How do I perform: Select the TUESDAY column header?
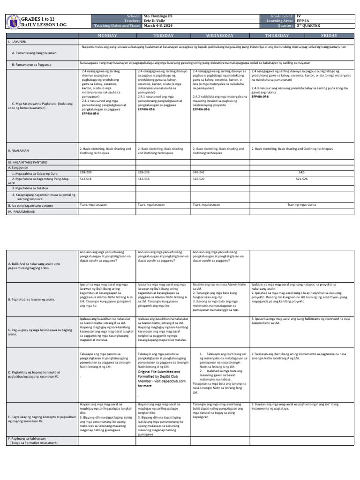pyautogui.click(x=164, y=36)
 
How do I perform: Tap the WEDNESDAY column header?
pyautogui.click(x=219, y=36)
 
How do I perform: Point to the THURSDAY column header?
pyautogui.click(x=277, y=36)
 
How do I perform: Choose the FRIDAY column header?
pyautogui.click(x=329, y=36)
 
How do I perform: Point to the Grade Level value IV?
pyautogui.click(x=299, y=16)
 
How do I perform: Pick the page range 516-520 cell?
pyautogui.click(x=199, y=179)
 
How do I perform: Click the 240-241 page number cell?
pyautogui.click(x=199, y=172)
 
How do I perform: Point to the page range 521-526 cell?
pyautogui.click(x=301, y=179)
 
